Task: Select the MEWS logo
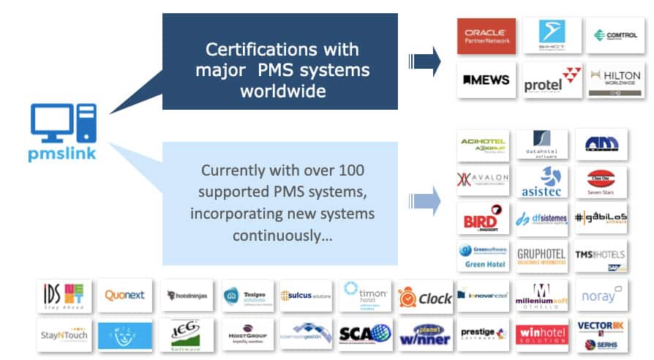pyautogui.click(x=486, y=80)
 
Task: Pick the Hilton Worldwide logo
pyautogui.click(x=615, y=80)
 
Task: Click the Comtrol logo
pyautogui.click(x=615, y=35)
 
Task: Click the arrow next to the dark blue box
pyautogui.click(x=424, y=61)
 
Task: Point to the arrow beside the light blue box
pyautogui.click(x=426, y=199)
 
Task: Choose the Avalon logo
pyautogui.click(x=483, y=179)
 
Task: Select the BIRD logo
pyautogui.click(x=483, y=217)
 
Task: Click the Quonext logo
pyautogui.click(x=125, y=296)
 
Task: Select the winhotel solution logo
pyautogui.click(x=542, y=334)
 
